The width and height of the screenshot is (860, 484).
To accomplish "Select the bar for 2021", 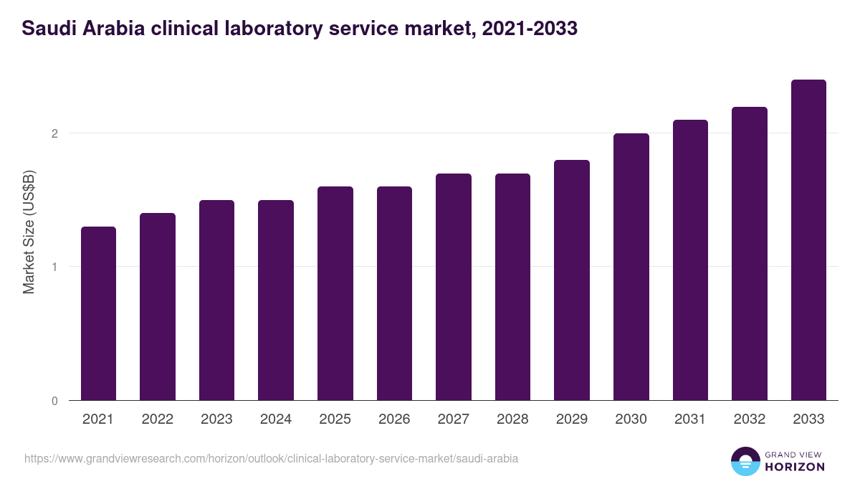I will coord(98,313).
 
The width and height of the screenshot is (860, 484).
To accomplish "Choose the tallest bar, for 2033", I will coord(808,240).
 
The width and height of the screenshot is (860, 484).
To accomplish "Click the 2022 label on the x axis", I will coord(158,419).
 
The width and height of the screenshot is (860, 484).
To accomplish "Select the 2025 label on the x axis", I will coord(335,419).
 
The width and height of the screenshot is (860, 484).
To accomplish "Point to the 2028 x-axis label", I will coord(512,419).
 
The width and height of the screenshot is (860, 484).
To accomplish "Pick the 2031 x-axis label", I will coord(690,419).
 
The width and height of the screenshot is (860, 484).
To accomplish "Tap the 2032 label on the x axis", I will coord(750,419).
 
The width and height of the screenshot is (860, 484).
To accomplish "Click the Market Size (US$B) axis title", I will coord(29,232).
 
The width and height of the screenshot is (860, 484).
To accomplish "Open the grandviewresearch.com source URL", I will coord(271,458).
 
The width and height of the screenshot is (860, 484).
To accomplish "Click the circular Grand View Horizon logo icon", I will coord(745,461).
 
